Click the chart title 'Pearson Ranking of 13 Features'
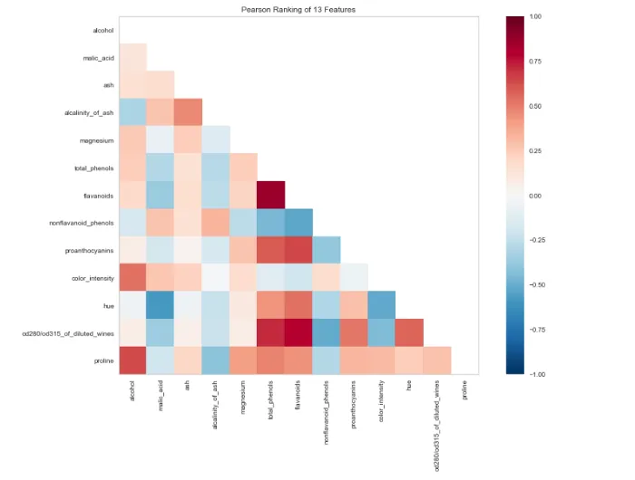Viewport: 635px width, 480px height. click(298, 9)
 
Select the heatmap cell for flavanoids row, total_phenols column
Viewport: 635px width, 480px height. click(271, 195)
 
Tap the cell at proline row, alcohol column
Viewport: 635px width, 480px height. click(132, 360)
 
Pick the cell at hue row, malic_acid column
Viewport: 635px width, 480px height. click(161, 305)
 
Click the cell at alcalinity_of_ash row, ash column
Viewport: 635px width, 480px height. click(189, 112)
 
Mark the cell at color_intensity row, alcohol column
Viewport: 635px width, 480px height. click(132, 277)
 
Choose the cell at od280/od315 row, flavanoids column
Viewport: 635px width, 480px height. click(298, 332)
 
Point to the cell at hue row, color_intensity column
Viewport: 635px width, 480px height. click(382, 305)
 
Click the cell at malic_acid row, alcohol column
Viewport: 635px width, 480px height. click(132, 57)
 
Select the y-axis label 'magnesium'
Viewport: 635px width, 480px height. click(96, 140)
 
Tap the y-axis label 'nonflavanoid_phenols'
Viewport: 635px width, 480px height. click(82, 223)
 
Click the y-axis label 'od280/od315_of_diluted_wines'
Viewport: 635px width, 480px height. click(68, 333)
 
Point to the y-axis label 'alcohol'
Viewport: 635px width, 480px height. click(103, 30)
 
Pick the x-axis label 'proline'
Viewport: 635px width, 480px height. click(464, 389)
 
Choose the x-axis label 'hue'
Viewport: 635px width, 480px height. click(409, 386)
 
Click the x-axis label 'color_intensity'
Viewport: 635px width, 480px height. click(381, 401)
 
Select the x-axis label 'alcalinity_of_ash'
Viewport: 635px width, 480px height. click(215, 405)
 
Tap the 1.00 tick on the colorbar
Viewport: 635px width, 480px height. click(535, 16)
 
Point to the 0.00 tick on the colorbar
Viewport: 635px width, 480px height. click(535, 196)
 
